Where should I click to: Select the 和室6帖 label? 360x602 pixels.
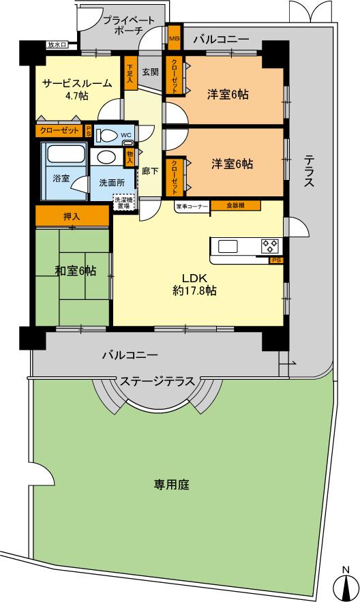(75, 271)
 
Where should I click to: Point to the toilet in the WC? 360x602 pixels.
(107, 134)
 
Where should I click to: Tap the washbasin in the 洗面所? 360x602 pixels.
(106, 157)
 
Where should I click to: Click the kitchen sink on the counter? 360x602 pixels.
(228, 246)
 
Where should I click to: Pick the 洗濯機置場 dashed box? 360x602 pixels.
(123, 202)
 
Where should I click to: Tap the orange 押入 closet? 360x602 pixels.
(72, 217)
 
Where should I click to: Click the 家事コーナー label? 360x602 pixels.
(192, 205)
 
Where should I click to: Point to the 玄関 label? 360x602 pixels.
(150, 71)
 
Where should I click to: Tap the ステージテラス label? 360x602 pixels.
(158, 380)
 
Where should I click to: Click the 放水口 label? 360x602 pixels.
(57, 45)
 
